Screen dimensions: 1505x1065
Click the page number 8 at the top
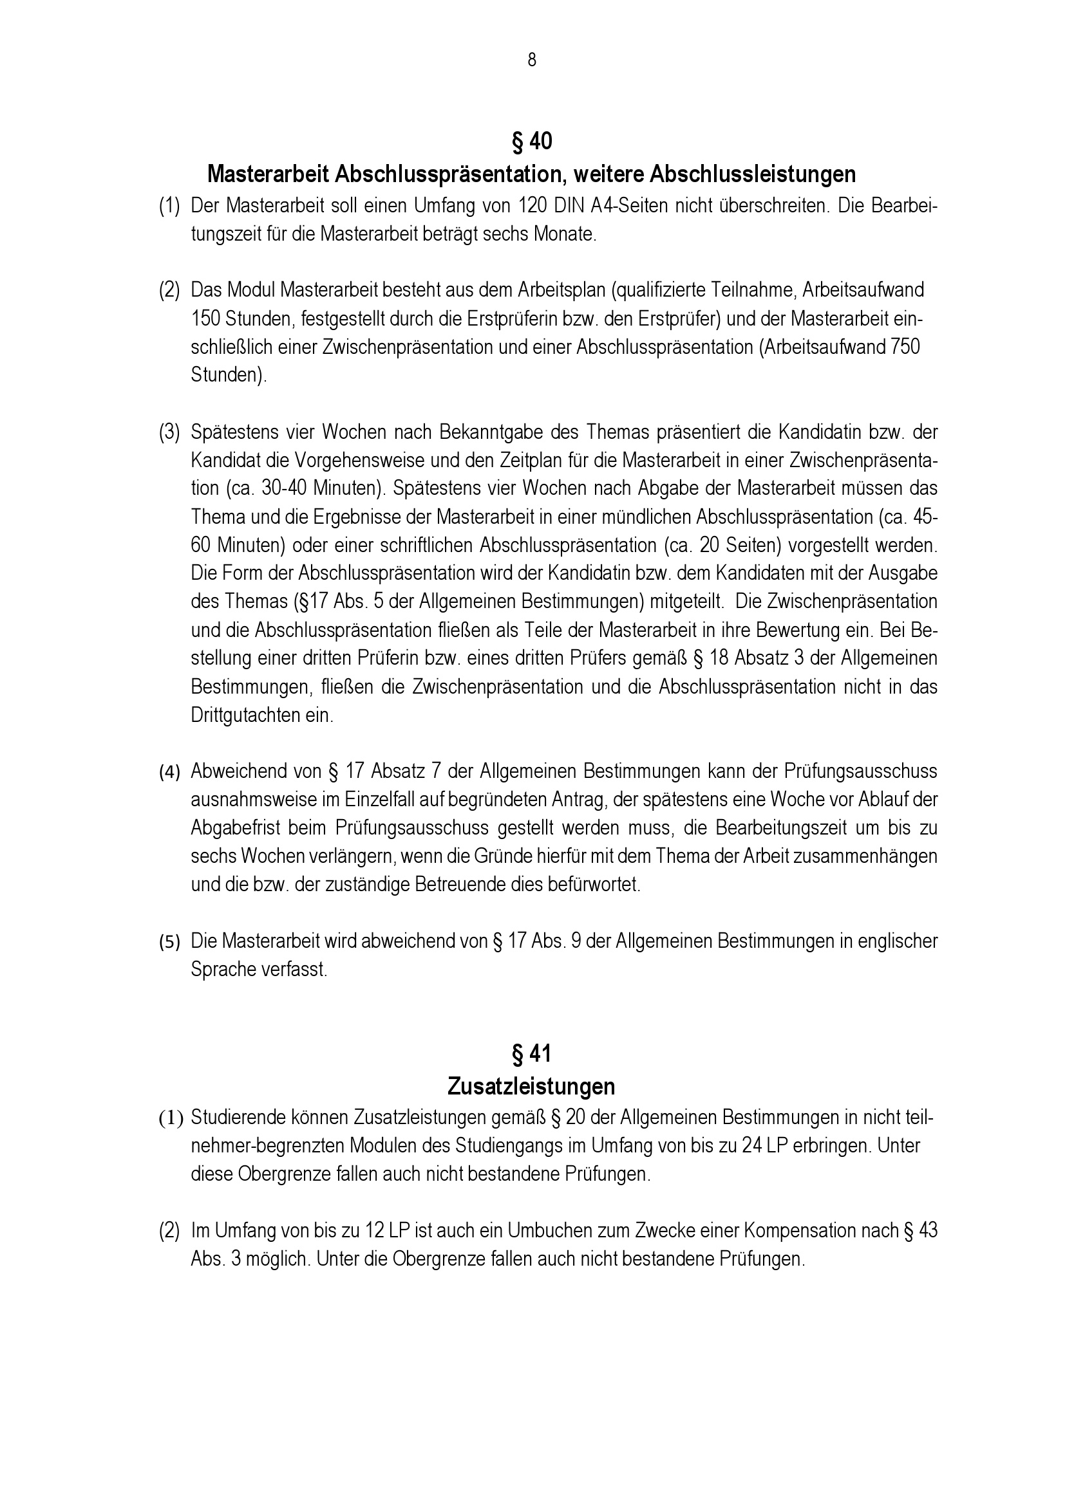(x=531, y=60)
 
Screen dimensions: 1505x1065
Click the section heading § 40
(x=531, y=141)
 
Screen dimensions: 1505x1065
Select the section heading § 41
(x=531, y=1053)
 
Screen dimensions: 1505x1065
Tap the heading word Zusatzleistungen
(x=531, y=1086)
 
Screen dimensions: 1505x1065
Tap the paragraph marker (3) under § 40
(x=169, y=432)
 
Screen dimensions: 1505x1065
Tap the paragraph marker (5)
(x=169, y=942)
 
